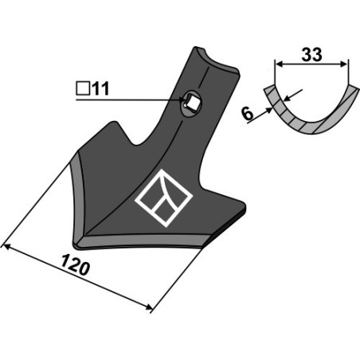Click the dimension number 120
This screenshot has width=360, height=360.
[x=75, y=264]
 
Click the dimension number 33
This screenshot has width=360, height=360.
[x=311, y=55]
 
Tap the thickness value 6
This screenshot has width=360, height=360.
[x=248, y=114]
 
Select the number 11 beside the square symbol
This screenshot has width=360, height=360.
[x=100, y=88]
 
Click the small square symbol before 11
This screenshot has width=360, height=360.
[x=83, y=88]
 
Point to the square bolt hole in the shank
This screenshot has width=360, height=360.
[x=192, y=103]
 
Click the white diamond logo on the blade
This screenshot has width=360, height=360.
[x=163, y=198]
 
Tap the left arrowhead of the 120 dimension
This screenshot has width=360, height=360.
[x=6, y=247]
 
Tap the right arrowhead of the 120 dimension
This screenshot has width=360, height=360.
[x=149, y=307]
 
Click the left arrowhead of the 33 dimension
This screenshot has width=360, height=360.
[x=278, y=64]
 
